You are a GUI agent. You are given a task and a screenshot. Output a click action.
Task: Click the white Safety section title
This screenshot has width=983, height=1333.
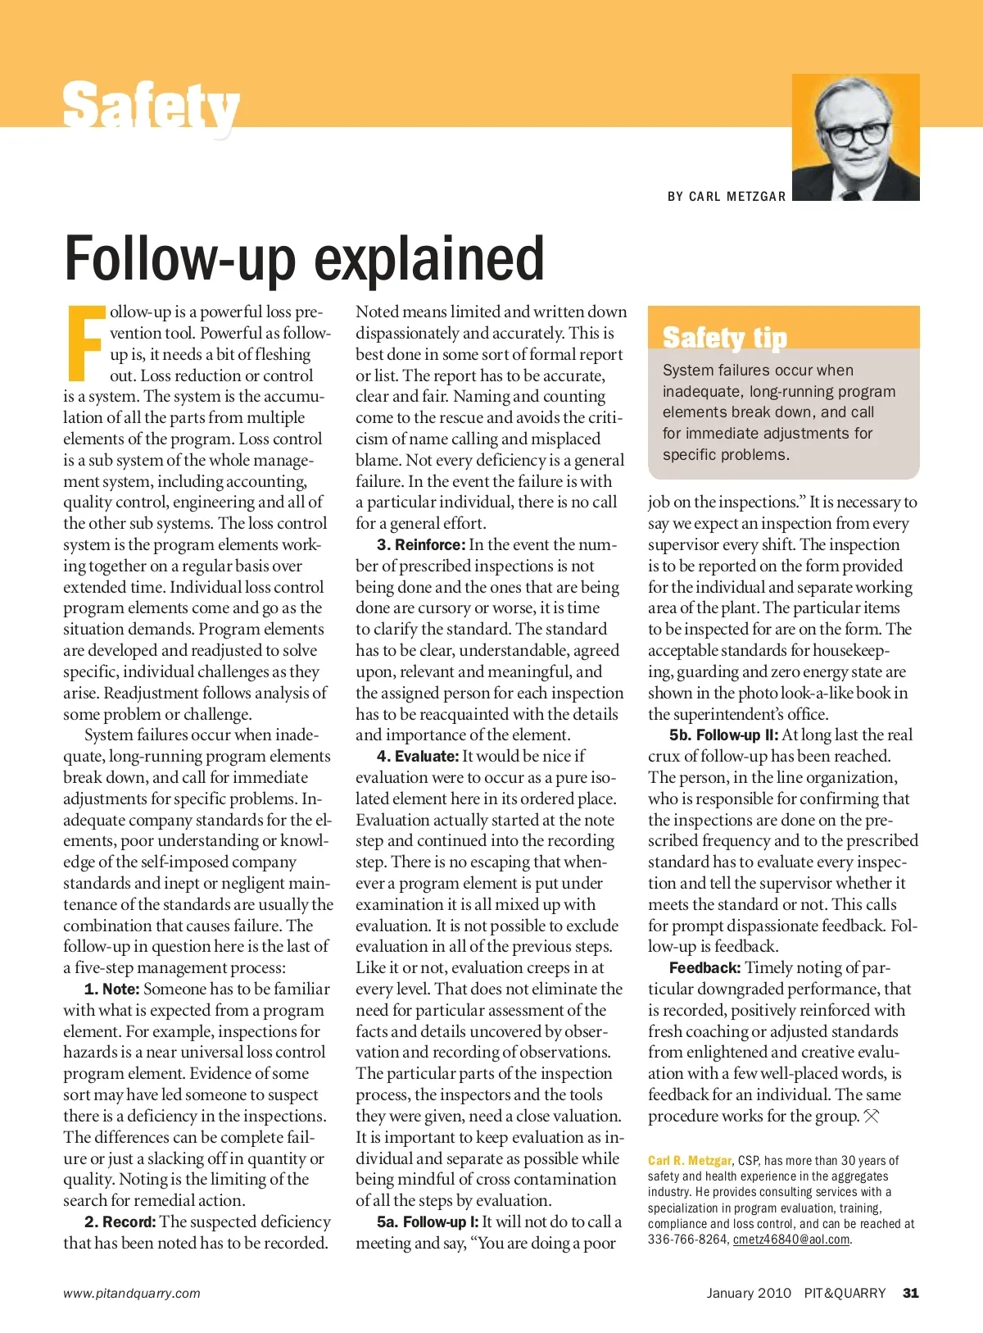point(151,107)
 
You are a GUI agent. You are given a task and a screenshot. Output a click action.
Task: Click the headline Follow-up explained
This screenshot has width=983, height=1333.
point(304,258)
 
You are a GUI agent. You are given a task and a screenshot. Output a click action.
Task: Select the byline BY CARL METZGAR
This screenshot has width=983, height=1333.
point(727,197)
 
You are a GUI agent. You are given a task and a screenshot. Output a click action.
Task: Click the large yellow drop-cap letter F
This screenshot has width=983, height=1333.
point(85,343)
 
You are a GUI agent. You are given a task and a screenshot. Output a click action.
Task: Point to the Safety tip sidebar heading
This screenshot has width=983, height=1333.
point(724,338)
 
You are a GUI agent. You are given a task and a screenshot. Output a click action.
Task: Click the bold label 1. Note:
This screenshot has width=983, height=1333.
point(112,990)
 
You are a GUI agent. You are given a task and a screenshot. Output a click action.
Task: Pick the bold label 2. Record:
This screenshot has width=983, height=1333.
point(120,1222)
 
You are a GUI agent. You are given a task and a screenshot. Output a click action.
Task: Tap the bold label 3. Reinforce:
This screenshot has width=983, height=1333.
point(421,545)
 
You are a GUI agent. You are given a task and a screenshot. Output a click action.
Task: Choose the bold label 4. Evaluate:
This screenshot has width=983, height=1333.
point(418,757)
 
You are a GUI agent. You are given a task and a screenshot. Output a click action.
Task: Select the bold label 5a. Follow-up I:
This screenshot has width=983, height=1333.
point(428,1222)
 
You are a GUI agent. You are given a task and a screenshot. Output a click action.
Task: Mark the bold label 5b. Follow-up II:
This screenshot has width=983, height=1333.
point(723,735)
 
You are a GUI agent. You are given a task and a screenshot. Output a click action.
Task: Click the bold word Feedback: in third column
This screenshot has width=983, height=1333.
point(704,968)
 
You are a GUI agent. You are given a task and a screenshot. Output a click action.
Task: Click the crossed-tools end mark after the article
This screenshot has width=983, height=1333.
point(872,1117)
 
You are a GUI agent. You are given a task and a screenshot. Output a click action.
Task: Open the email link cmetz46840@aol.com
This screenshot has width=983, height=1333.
point(791,1240)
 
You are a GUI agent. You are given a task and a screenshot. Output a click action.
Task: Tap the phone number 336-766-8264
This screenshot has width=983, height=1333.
point(686,1240)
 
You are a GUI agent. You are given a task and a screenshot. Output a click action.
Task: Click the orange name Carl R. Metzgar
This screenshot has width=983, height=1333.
point(690,1161)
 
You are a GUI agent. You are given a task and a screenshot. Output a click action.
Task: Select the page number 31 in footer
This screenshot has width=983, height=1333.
point(910,1293)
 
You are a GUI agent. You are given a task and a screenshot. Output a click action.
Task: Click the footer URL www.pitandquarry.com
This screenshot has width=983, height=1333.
point(132,1294)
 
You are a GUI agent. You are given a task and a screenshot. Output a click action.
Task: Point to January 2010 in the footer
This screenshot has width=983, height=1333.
point(749,1293)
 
